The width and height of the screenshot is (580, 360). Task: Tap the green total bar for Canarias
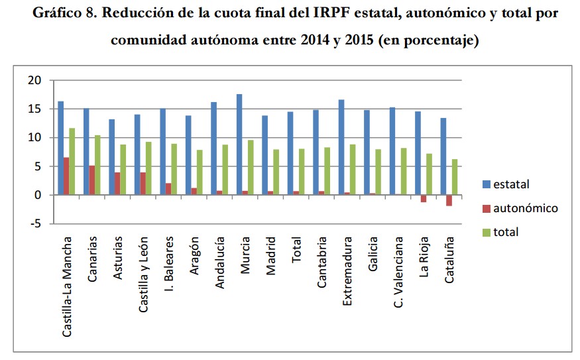click(x=98, y=165)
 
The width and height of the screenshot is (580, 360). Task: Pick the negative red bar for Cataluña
click(x=449, y=200)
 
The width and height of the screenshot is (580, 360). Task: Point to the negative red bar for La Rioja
click(x=424, y=198)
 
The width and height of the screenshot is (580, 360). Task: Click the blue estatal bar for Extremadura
click(x=341, y=147)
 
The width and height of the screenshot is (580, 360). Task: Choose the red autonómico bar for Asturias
click(x=117, y=184)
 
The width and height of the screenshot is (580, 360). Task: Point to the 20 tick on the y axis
click(x=34, y=80)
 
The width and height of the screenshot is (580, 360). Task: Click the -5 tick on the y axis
click(x=36, y=224)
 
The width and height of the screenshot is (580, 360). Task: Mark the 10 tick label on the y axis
click(x=34, y=138)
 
